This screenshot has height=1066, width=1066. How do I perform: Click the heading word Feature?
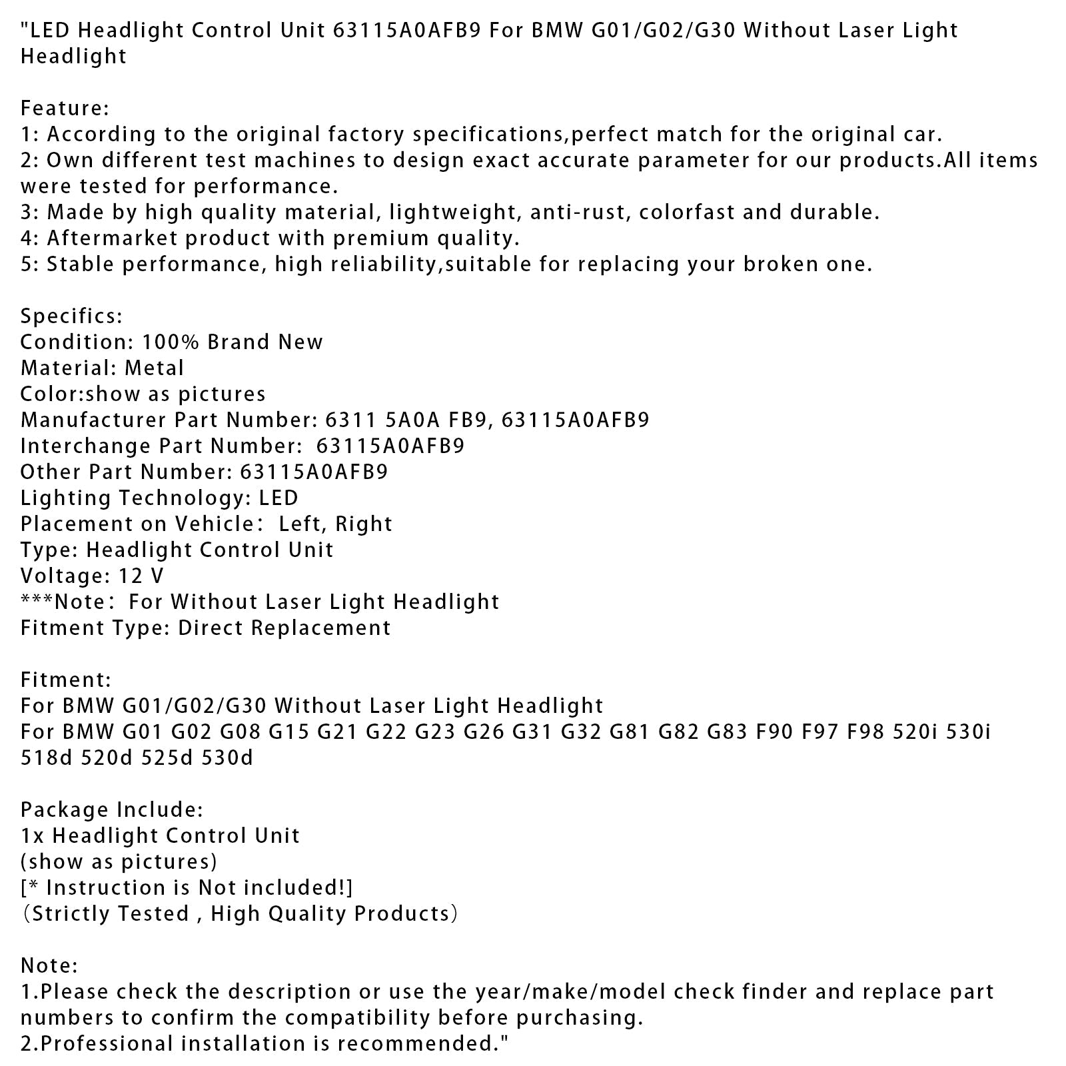[65, 108]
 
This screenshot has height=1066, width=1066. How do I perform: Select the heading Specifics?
[71, 316]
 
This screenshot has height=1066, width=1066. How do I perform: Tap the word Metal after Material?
[154, 368]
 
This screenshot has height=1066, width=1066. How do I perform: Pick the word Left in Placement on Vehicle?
[300, 524]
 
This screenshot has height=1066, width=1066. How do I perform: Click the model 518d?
[47, 758]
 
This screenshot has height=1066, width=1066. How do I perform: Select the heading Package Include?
[111, 809]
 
